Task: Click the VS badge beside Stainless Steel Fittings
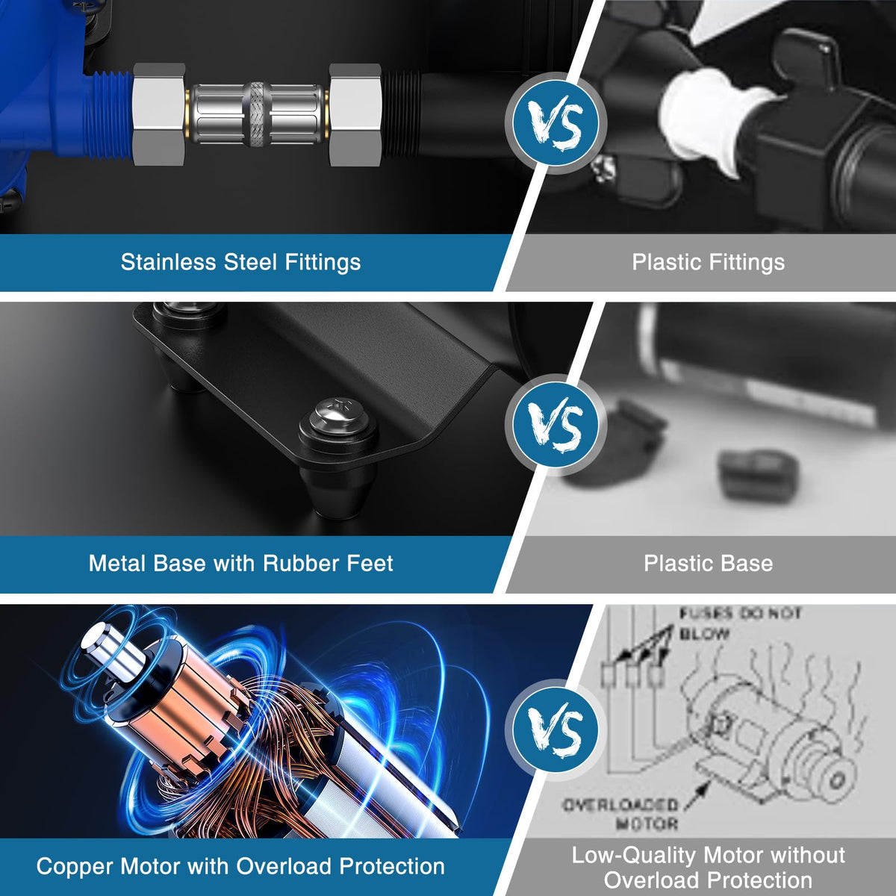pos(556,122)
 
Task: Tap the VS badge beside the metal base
pos(556,425)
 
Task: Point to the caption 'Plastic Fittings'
pos(708,262)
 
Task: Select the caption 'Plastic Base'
pos(708,563)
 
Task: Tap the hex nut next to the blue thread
pos(160,114)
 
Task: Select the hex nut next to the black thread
pos(355,115)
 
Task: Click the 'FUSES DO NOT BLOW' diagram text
pos(740,623)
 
